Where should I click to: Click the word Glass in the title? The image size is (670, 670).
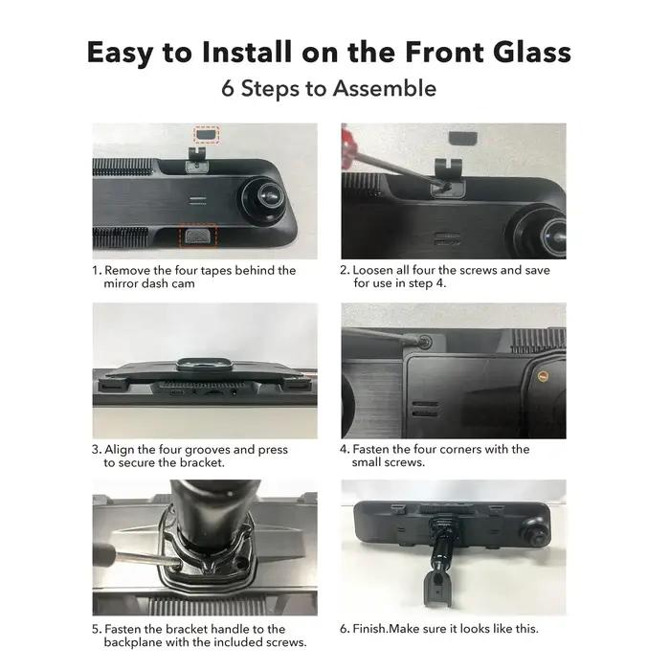(531, 52)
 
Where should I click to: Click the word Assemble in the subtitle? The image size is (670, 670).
(385, 89)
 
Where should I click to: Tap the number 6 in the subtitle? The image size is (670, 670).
(228, 89)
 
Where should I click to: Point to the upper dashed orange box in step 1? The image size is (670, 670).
(207, 135)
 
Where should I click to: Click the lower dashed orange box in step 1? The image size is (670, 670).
(198, 235)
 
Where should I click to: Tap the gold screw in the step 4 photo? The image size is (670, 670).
(543, 376)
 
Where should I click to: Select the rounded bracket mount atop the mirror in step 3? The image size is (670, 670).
(204, 364)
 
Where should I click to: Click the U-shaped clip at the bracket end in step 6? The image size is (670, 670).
(437, 590)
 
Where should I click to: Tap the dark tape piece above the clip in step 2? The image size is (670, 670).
(462, 138)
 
